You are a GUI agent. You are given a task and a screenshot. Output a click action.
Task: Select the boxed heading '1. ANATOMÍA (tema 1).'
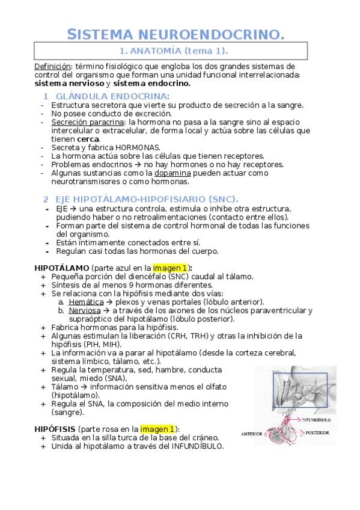pos(171,52)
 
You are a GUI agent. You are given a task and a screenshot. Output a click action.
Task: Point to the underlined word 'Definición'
pos(53,66)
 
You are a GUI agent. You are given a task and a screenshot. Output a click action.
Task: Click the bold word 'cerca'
pos(86,139)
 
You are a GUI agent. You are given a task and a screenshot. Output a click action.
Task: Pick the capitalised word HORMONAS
pos(140,147)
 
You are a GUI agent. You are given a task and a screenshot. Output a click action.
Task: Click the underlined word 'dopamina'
pos(175,173)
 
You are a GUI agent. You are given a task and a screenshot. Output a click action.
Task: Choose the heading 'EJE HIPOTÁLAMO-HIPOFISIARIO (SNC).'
pos(147,199)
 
